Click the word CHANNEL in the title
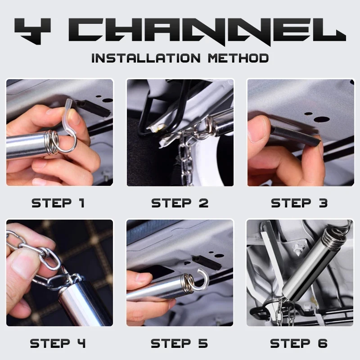click(207, 31)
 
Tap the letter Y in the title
click(32, 31)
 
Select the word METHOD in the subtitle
click(238, 58)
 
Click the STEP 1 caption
click(58, 203)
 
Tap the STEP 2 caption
click(180, 203)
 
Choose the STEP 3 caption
click(299, 203)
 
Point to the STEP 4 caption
click(58, 343)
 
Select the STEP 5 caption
click(179, 343)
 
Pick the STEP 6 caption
click(299, 343)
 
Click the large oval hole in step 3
click(322, 119)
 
